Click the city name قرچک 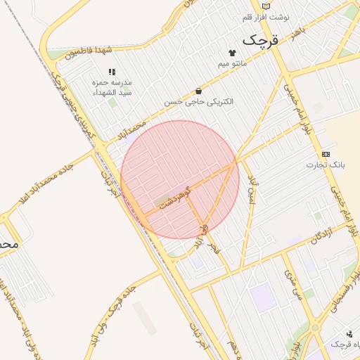(260, 41)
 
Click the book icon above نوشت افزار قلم (264, 6)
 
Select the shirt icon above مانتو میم (232, 53)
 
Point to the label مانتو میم (232, 65)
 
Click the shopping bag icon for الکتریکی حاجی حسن (199, 91)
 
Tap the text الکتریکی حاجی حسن (199, 102)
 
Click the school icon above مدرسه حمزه (111, 72)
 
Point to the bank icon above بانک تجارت (326, 154)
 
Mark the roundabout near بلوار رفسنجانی (314, 328)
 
